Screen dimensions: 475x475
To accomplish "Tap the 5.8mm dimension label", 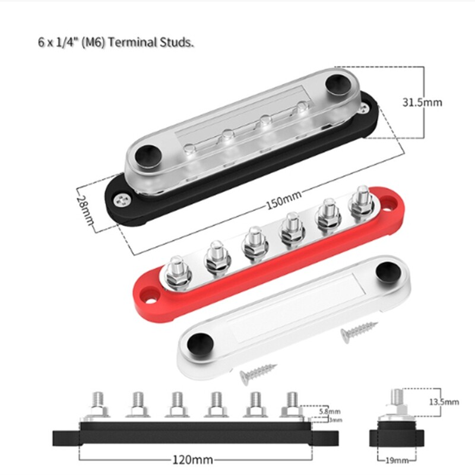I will coord(330,411).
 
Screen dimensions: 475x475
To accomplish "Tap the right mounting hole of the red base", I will coord(389,199).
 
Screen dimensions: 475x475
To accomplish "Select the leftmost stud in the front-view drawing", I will coord(98,402).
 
